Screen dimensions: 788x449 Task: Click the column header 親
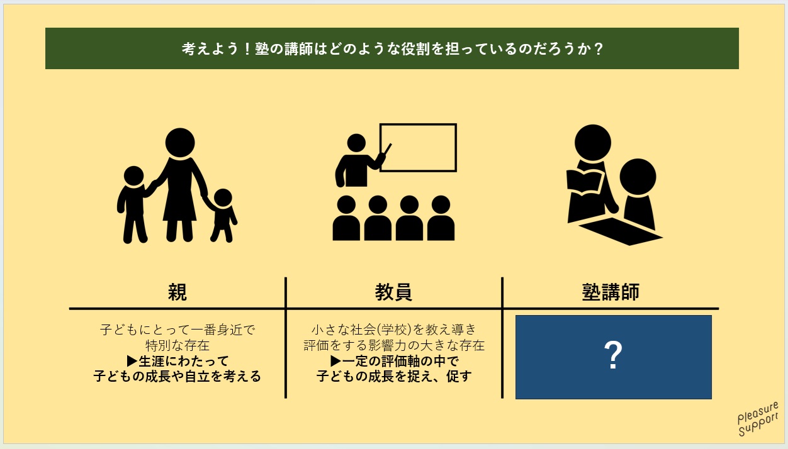click(177, 292)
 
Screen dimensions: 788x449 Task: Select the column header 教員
click(393, 292)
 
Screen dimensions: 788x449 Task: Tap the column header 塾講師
click(611, 292)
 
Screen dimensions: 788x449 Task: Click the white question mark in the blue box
click(613, 355)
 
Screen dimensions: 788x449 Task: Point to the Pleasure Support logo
click(758, 419)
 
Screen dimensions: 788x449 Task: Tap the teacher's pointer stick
click(387, 149)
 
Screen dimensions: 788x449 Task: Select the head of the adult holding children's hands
click(180, 142)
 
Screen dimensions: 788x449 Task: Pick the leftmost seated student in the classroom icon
click(346, 218)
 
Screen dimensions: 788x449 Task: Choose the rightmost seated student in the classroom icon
click(441, 218)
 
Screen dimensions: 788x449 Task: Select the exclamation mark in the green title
click(247, 48)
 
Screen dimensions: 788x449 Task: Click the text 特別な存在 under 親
click(177, 346)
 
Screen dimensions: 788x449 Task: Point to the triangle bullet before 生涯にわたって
click(132, 361)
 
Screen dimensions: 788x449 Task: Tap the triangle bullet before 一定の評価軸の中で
click(336, 361)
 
